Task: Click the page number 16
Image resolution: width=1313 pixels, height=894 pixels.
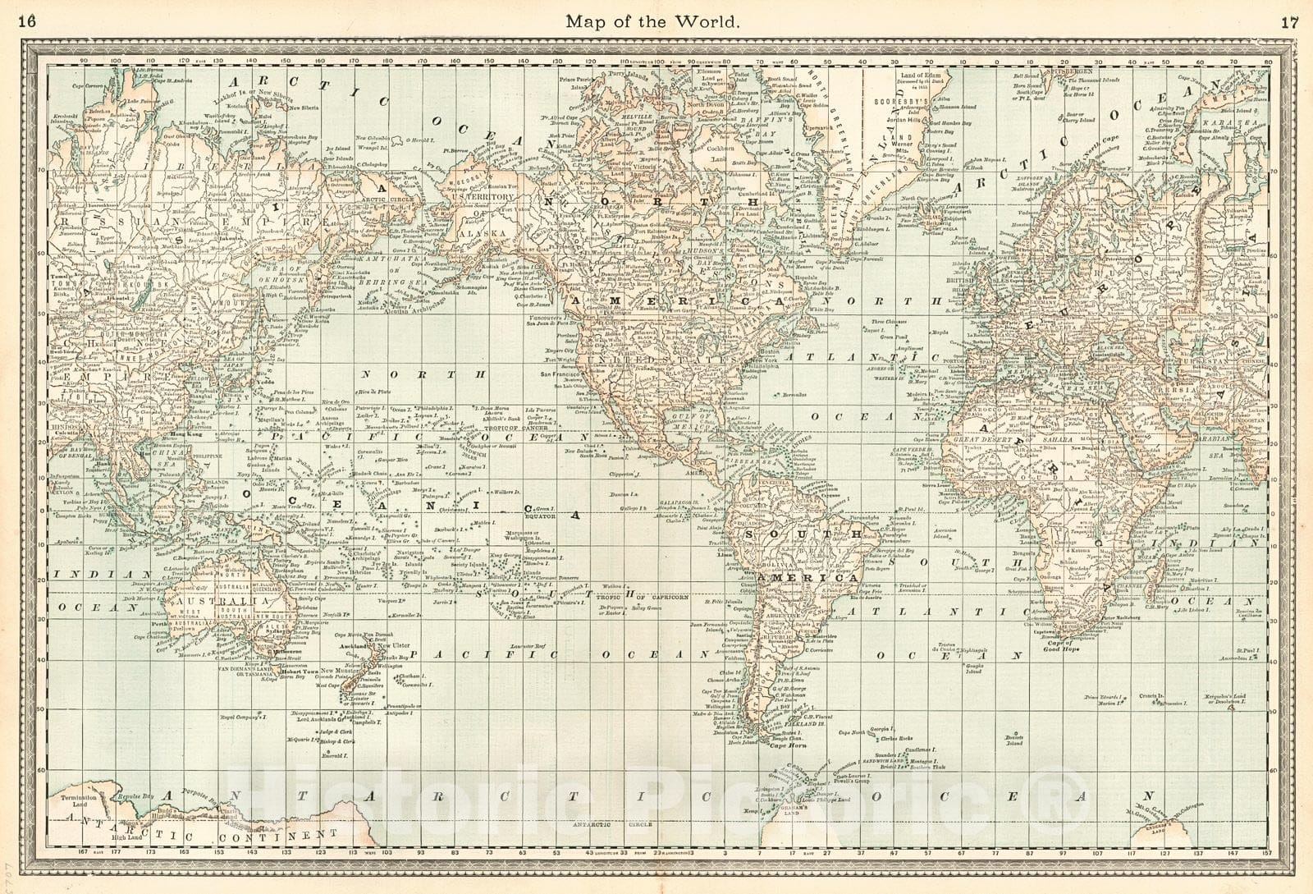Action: (27, 22)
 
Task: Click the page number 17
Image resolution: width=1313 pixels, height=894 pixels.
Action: (1289, 22)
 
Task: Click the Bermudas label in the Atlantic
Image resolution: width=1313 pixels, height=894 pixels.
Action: (792, 395)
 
